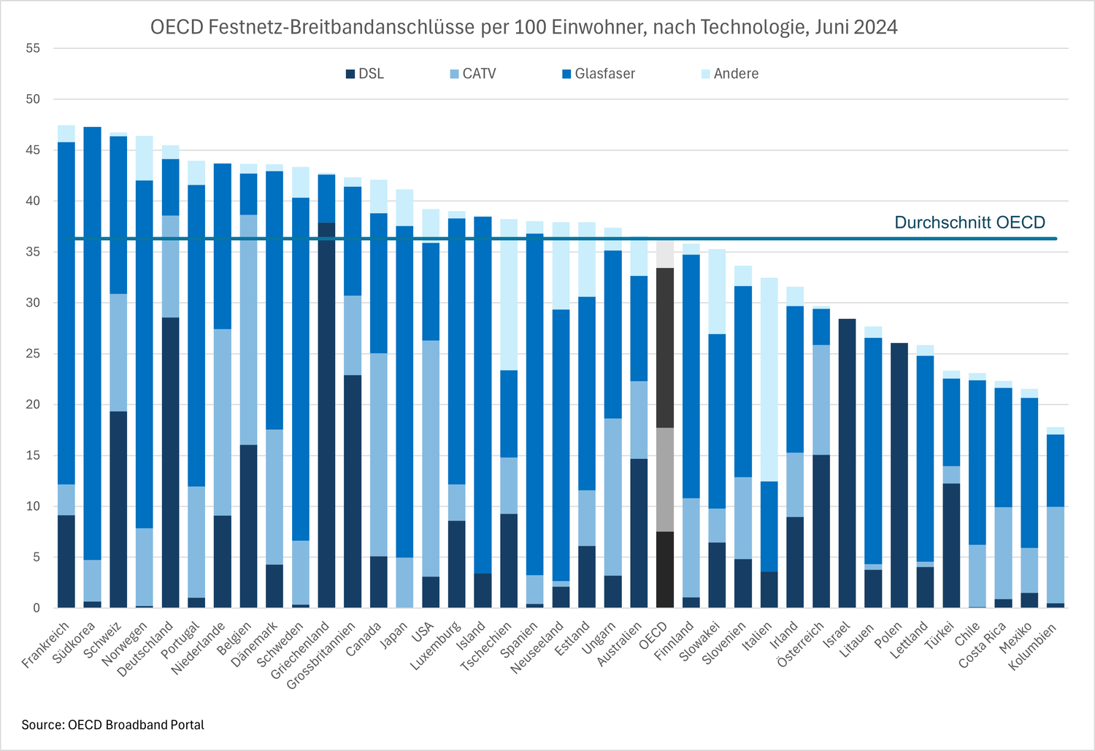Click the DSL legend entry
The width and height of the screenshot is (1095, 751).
pyautogui.click(x=364, y=74)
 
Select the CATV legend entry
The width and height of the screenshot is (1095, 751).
pyautogui.click(x=473, y=74)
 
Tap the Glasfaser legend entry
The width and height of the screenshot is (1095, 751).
pyautogui.click(x=598, y=74)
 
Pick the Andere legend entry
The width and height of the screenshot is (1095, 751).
pyautogui.click(x=729, y=74)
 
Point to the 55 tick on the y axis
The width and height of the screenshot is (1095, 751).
pyautogui.click(x=33, y=48)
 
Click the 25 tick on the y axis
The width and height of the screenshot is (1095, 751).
pyautogui.click(x=33, y=354)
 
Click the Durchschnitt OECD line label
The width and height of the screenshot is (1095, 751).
pyautogui.click(x=969, y=223)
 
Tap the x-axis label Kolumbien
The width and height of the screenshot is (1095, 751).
pyautogui.click(x=1033, y=646)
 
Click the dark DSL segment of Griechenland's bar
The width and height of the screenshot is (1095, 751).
pyautogui.click(x=327, y=416)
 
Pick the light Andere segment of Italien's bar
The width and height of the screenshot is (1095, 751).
pyautogui.click(x=769, y=380)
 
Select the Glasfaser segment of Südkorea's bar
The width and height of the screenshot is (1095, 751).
pyautogui.click(x=92, y=343)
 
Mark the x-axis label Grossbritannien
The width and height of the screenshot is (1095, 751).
pyautogui.click(x=321, y=655)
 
